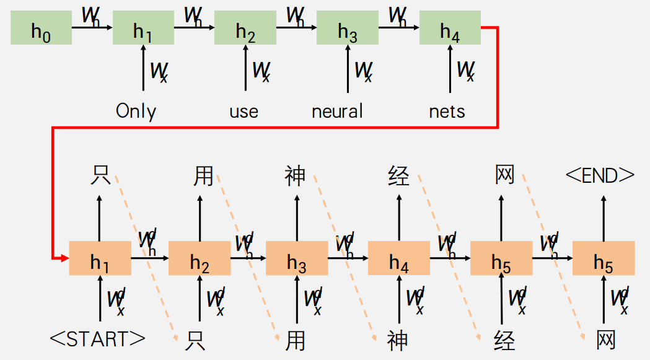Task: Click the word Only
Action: [x=136, y=112]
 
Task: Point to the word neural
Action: [x=337, y=112]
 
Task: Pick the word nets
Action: [x=447, y=112]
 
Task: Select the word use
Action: [x=244, y=112]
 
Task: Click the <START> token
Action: [x=97, y=339]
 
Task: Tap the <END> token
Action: [x=600, y=176]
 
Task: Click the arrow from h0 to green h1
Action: [x=92, y=27]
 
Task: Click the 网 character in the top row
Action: [x=505, y=175]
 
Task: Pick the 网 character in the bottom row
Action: [x=606, y=340]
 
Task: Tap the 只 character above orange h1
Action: [x=100, y=175]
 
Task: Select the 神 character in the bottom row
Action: [x=397, y=340]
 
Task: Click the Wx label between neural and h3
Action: [x=363, y=71]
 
